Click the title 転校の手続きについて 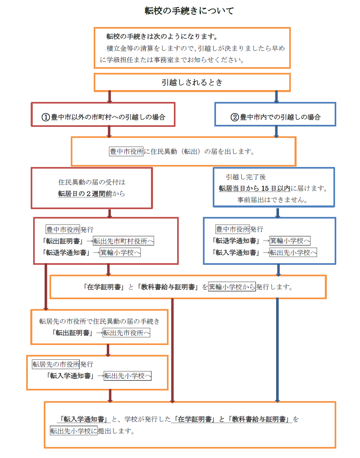pos(189,11)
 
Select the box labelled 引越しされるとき pos(192,82)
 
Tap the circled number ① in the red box pos(45,117)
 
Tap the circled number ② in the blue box pos(235,117)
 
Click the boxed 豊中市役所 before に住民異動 pos(126,151)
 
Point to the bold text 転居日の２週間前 pos(85,194)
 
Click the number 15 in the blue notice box pos(265,188)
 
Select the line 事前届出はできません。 pos(272,200)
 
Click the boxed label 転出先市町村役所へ pos(123,241)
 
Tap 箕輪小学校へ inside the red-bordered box pos(120,253)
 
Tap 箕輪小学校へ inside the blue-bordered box pos(290,241)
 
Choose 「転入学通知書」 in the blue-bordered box pos(236,253)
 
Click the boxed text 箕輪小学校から pos(232,287)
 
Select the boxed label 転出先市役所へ pos(126,333)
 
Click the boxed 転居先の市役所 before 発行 pos(56,364)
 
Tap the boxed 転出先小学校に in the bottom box pos(74,431)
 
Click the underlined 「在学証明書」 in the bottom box pos(195,419)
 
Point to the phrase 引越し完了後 pos(245,177)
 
